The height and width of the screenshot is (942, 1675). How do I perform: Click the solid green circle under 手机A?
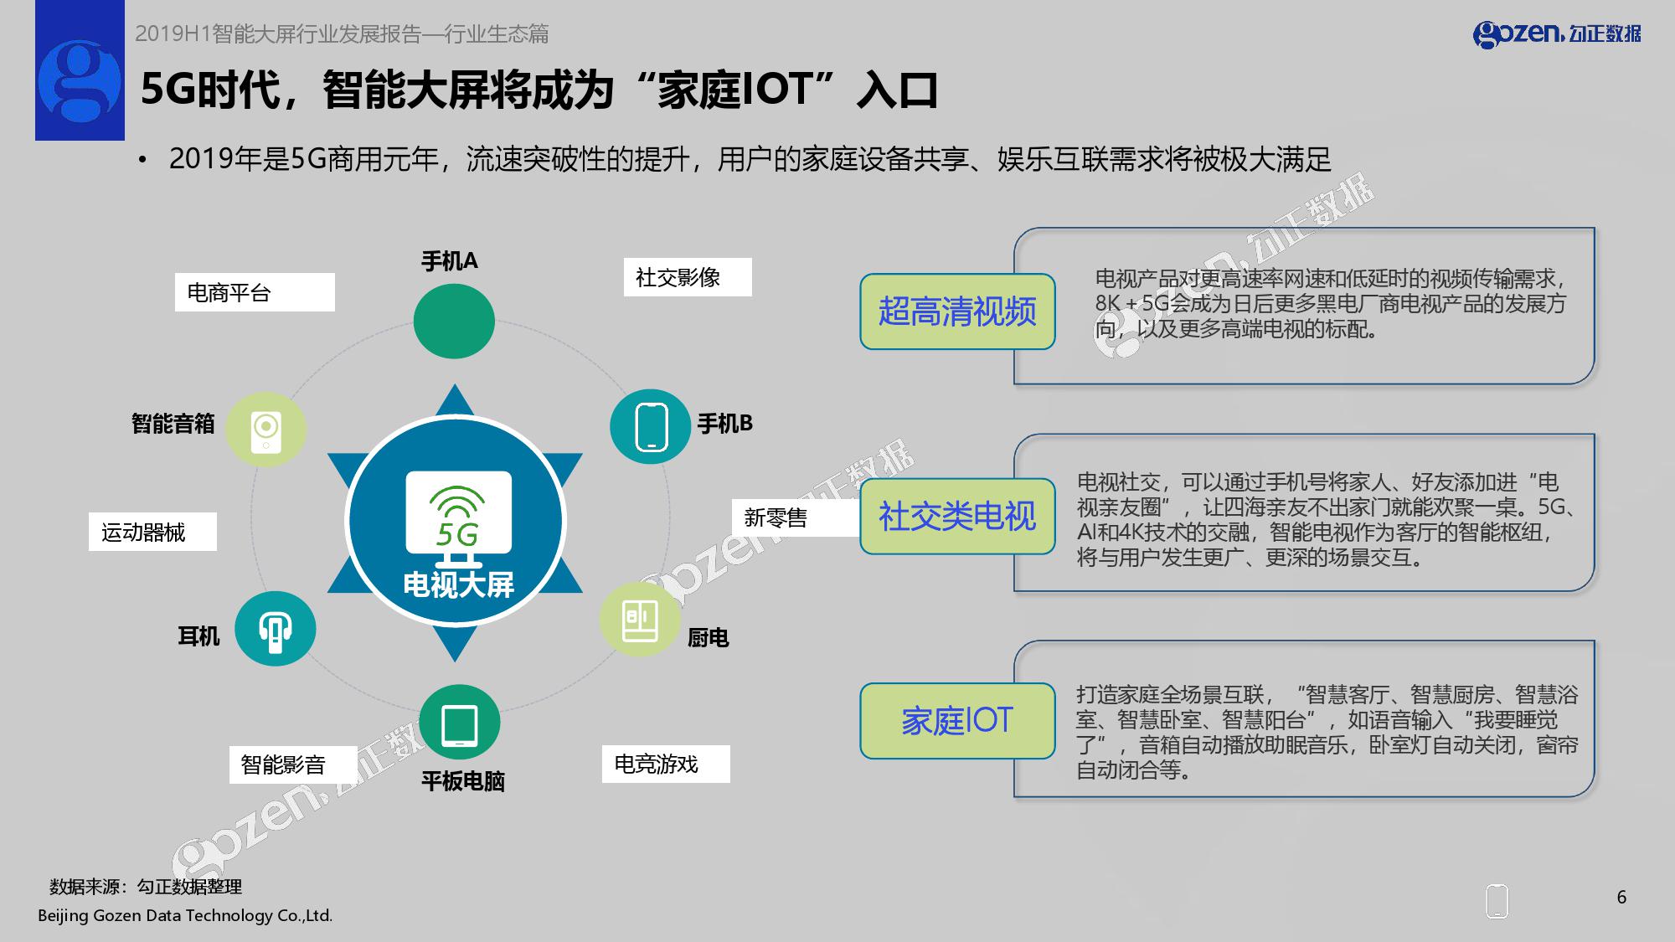tap(454, 322)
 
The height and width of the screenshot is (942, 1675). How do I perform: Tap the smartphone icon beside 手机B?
tap(651, 426)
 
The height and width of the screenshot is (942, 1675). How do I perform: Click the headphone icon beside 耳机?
tap(275, 629)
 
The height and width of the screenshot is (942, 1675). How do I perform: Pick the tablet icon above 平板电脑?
tap(459, 723)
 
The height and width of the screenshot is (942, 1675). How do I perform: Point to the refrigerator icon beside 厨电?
tap(639, 620)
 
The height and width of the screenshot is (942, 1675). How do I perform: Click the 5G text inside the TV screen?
tap(457, 533)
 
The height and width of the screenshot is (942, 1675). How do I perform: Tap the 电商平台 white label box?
tap(255, 292)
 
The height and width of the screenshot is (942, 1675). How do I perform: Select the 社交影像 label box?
tap(688, 277)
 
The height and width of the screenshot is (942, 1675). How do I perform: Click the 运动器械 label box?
tap(152, 532)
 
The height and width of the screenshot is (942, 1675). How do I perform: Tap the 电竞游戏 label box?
tap(666, 764)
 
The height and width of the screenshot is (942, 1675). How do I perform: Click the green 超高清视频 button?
tap(957, 311)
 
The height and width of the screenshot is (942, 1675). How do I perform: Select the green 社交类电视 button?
tap(957, 516)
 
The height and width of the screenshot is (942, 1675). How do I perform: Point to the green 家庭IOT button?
tap(957, 721)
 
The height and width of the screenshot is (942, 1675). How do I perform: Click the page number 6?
tap(1621, 898)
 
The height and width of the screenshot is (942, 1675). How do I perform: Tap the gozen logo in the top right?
tap(1557, 33)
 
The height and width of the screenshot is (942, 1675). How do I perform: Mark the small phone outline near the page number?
tap(1497, 902)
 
